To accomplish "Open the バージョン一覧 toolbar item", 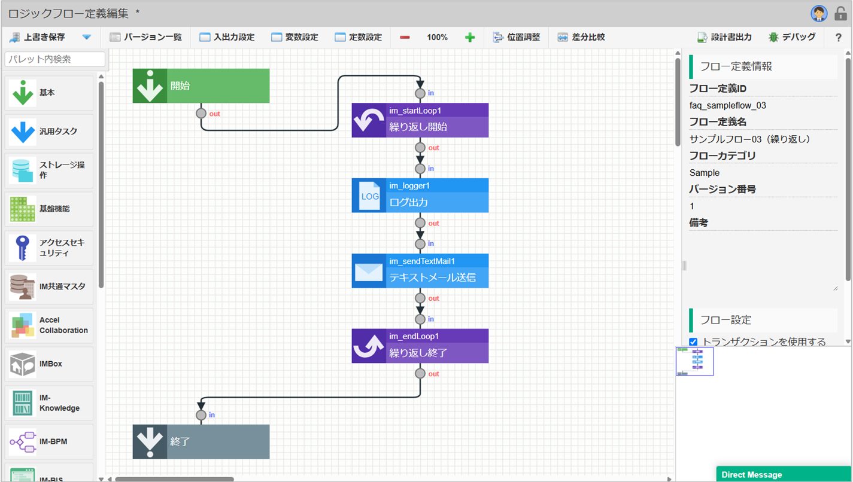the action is pyautogui.click(x=146, y=37).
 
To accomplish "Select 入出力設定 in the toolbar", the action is pyautogui.click(x=227, y=37).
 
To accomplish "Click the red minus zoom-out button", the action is pyautogui.click(x=405, y=37).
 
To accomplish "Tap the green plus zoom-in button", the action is pyautogui.click(x=470, y=37).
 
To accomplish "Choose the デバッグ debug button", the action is pyautogui.click(x=792, y=37).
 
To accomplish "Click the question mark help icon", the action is pyautogui.click(x=839, y=37).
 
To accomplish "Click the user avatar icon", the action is pyautogui.click(x=819, y=14).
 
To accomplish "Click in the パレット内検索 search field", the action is pyautogui.click(x=55, y=59).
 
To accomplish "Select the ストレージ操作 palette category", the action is pyautogui.click(x=48, y=170).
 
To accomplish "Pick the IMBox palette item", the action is pyautogui.click(x=48, y=364).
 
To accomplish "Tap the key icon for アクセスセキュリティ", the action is pyautogui.click(x=22, y=248).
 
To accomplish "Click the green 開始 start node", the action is pyautogui.click(x=201, y=86).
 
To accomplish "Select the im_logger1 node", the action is pyautogui.click(x=420, y=195).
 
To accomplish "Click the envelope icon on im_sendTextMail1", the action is pyautogui.click(x=369, y=271).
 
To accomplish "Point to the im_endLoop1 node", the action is pyautogui.click(x=420, y=346).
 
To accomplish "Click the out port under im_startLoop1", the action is pyautogui.click(x=420, y=147).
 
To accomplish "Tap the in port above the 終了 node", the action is pyautogui.click(x=201, y=415).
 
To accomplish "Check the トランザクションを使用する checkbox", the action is pyautogui.click(x=693, y=341).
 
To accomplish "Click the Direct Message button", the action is pyautogui.click(x=784, y=474).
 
